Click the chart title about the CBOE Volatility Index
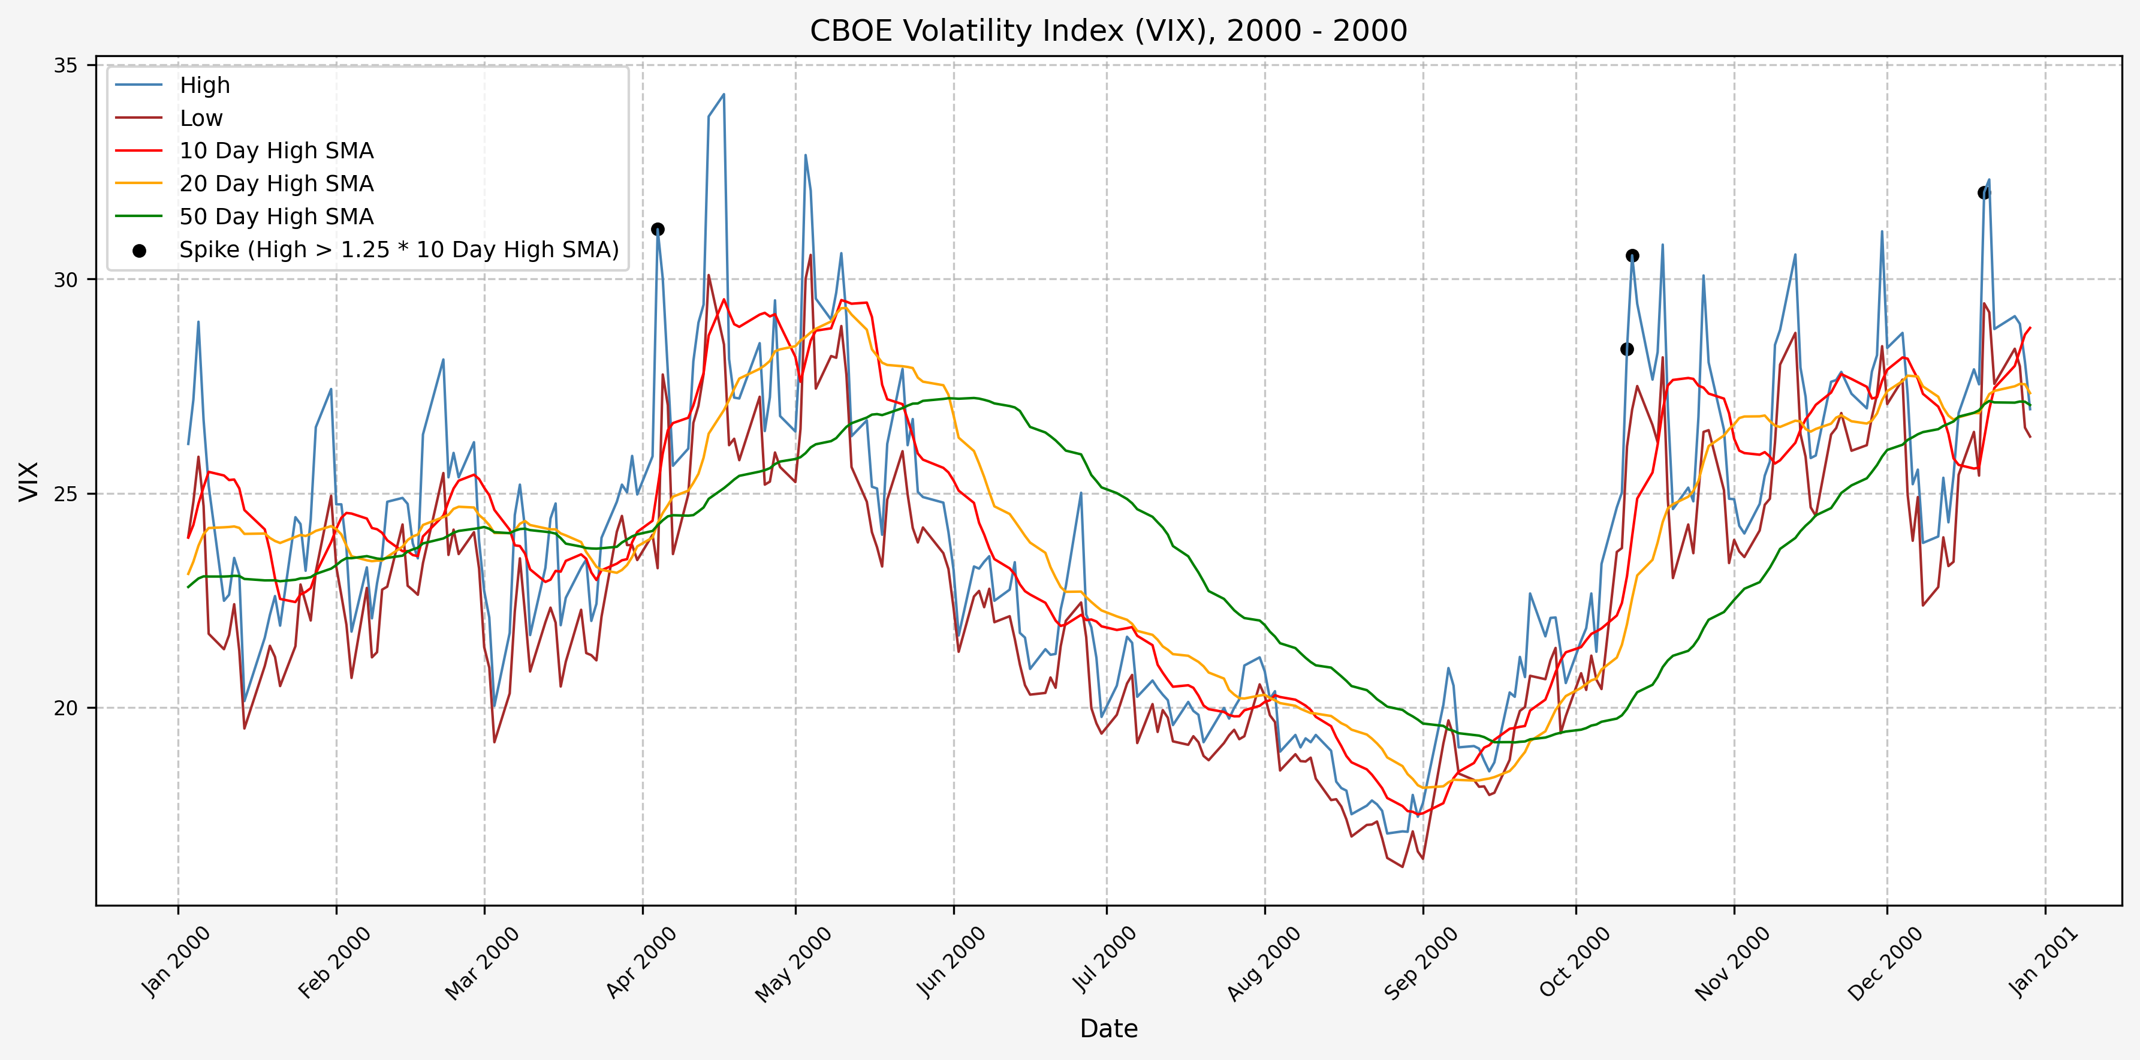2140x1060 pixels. tap(1108, 31)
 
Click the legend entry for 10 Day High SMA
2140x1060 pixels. tap(276, 151)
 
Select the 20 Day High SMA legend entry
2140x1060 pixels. tap(276, 183)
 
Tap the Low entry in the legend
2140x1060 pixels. tap(201, 119)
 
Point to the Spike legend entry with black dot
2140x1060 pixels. tap(399, 250)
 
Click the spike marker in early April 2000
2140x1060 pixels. tap(657, 229)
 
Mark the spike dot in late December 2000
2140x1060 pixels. tap(1984, 192)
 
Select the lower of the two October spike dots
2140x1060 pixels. tap(1627, 349)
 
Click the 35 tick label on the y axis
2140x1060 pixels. tap(65, 65)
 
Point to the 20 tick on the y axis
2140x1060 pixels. tap(65, 709)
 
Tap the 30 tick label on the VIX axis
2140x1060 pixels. tap(65, 280)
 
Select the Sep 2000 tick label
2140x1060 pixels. tap(1421, 962)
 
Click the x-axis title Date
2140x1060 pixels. tap(1108, 1028)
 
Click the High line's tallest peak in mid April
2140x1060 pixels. tap(724, 95)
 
